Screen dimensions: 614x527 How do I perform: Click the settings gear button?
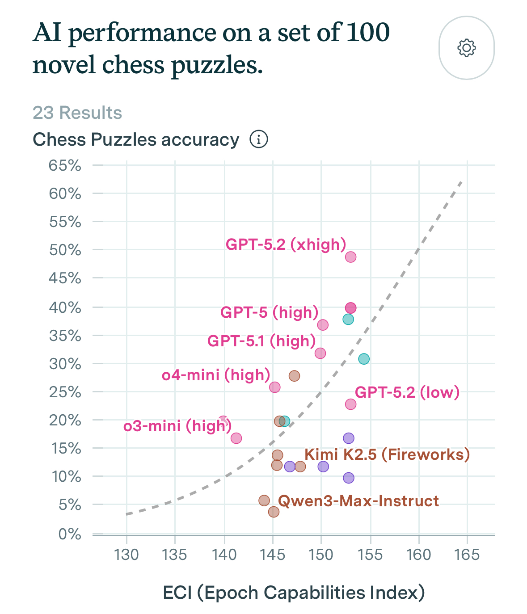[466, 48]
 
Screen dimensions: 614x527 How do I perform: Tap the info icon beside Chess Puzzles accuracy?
[258, 139]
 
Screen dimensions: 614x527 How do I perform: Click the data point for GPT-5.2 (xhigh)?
[350, 257]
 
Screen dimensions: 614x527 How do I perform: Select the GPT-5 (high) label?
[269, 312]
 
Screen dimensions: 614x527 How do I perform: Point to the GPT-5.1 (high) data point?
[320, 353]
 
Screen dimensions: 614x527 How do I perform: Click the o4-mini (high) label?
[216, 374]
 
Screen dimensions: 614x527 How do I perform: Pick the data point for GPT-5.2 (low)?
[350, 404]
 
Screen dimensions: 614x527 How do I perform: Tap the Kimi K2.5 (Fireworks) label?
[387, 454]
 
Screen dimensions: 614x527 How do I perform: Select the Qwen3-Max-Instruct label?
[358, 501]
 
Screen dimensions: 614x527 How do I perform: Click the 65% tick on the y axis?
[65, 166]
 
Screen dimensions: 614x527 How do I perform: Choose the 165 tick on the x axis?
[467, 555]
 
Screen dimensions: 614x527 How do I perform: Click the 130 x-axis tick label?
[126, 555]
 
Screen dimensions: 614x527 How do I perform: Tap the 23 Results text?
[77, 113]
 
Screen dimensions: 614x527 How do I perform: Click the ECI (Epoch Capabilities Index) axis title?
[294, 593]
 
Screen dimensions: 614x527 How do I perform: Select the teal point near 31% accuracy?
[364, 359]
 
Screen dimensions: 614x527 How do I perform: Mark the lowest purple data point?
[349, 478]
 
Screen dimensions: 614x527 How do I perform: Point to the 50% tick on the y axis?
[65, 250]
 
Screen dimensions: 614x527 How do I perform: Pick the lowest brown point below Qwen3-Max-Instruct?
[274, 512]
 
